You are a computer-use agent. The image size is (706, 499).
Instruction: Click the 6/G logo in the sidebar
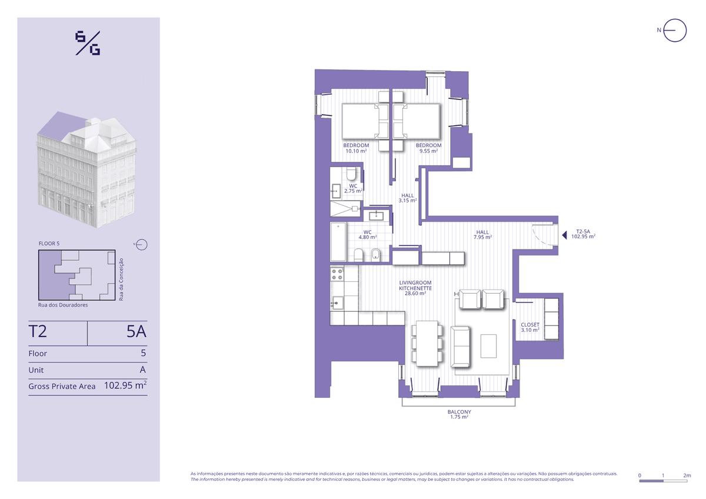(88, 43)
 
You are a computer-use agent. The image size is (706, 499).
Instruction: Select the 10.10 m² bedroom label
(356, 148)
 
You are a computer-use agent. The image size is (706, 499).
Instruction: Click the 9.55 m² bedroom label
(428, 148)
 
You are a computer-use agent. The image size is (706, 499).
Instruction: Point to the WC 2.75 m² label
(353, 188)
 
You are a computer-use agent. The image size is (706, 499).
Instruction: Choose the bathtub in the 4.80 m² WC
(338, 242)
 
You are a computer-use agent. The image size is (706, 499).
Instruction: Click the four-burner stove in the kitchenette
(337, 274)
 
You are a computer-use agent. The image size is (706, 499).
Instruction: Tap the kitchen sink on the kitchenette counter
(337, 303)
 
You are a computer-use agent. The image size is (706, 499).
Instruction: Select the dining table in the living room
(427, 344)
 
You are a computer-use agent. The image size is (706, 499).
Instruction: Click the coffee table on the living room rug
(488, 346)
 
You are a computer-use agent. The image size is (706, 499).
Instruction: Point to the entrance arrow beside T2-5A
(564, 235)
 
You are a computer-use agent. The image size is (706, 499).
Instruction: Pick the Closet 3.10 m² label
(530, 327)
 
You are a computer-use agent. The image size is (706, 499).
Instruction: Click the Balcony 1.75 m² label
(459, 414)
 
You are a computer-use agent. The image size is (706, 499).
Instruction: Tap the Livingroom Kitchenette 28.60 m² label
(415, 288)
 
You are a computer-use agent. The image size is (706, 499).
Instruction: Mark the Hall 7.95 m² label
(482, 235)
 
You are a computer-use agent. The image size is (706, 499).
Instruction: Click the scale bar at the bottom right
(663, 481)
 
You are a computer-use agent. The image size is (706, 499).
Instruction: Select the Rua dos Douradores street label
(63, 305)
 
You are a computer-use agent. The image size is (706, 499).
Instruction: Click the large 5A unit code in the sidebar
(136, 332)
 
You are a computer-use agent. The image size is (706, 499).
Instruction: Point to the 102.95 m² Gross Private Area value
(125, 385)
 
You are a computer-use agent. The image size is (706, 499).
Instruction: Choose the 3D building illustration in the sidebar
(87, 169)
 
